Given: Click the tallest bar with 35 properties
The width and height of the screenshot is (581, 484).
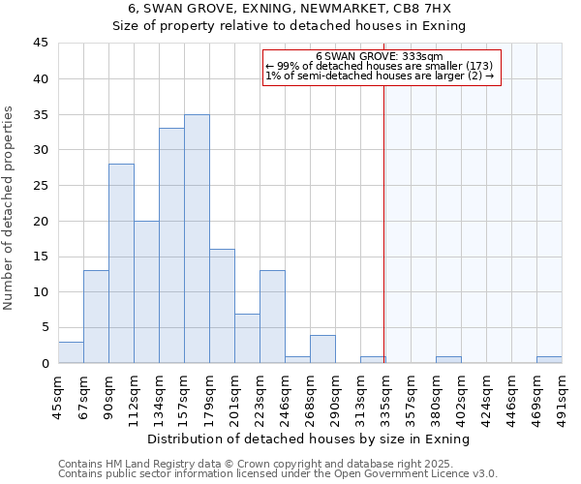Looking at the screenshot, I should tap(197, 239).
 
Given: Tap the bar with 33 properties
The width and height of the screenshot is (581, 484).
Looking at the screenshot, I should tap(171, 246).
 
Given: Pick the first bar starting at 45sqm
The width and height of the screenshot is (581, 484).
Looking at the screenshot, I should tap(71, 352).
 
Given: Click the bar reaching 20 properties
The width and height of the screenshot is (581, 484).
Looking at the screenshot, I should tap(146, 292).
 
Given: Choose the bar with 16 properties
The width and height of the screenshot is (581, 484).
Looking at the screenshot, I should tap(222, 306).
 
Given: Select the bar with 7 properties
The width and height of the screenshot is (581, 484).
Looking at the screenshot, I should tap(247, 338).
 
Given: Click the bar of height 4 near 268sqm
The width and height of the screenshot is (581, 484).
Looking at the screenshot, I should tap(322, 349).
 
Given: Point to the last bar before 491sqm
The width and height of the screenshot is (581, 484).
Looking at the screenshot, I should tap(549, 360).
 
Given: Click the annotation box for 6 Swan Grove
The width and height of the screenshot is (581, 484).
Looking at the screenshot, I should tap(382, 67).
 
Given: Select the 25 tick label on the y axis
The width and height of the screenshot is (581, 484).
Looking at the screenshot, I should tap(41, 186).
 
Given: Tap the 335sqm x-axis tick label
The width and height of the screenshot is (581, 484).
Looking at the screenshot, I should tap(385, 394).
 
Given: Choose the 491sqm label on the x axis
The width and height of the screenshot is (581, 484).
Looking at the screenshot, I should tap(562, 394).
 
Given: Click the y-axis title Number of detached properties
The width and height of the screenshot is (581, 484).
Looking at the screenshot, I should tap(10, 209).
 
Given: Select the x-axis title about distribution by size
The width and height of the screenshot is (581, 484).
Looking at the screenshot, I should tap(310, 439).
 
